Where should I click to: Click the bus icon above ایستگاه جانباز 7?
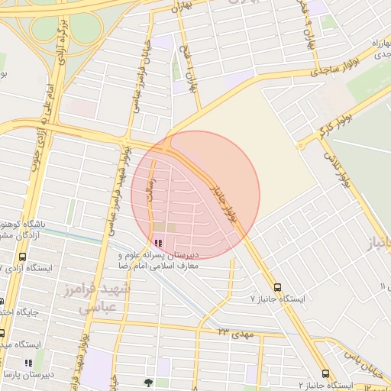pyautogui.click(x=276, y=288)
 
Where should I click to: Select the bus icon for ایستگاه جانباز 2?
pyautogui.click(x=326, y=374)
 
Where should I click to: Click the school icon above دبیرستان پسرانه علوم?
pyautogui.click(x=158, y=243)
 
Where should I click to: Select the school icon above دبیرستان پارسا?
pyautogui.click(x=27, y=363)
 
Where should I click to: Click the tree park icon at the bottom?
pyautogui.click(x=148, y=382)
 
